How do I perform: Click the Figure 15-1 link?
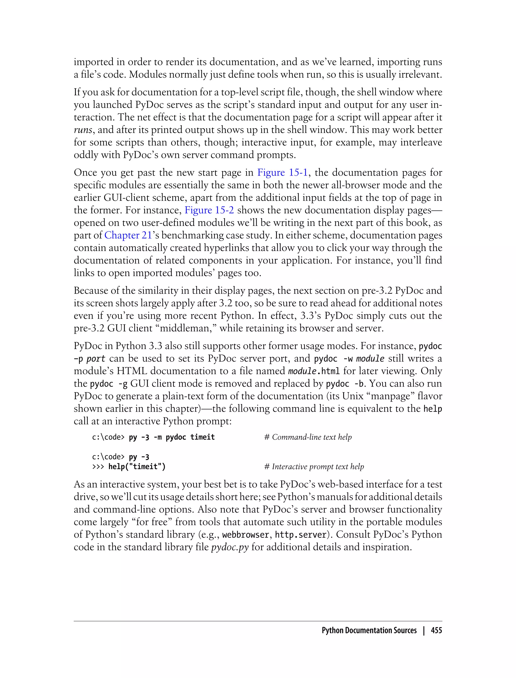(x=282, y=173)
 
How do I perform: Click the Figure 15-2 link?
(x=209, y=210)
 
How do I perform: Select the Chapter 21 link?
(x=128, y=235)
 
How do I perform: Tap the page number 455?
(x=436, y=630)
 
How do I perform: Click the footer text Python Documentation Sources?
(x=369, y=630)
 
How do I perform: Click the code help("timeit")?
(x=137, y=467)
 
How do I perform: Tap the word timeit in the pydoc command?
(x=202, y=437)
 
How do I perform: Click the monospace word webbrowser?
(x=245, y=535)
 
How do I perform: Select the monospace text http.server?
(x=300, y=535)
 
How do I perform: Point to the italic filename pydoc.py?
(x=230, y=547)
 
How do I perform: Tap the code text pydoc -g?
(x=109, y=384)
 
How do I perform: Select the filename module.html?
(x=314, y=371)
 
